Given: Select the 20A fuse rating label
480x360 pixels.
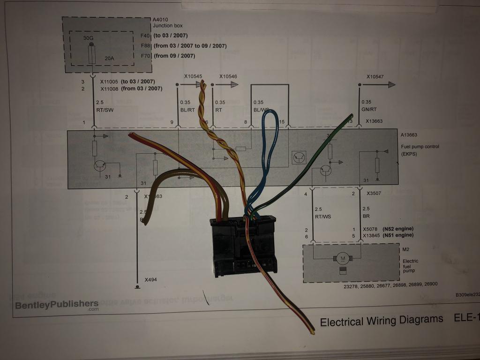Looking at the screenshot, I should [x=109, y=59].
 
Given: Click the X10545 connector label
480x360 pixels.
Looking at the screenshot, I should [x=193, y=76].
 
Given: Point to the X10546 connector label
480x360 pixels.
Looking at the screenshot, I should [x=228, y=76].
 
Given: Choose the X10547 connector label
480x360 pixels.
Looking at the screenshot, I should [x=375, y=76].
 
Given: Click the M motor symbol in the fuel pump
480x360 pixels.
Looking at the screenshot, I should [x=343, y=258].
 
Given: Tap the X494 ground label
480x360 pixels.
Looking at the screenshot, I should [x=151, y=280].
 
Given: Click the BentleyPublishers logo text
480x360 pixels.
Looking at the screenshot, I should [x=57, y=305].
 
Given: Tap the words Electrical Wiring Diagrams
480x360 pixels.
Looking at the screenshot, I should [x=381, y=320].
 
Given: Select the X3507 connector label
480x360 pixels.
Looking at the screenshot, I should [x=374, y=194].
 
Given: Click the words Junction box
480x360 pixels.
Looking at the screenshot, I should [x=167, y=26].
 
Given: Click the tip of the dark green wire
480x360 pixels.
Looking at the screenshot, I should [x=351, y=115].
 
